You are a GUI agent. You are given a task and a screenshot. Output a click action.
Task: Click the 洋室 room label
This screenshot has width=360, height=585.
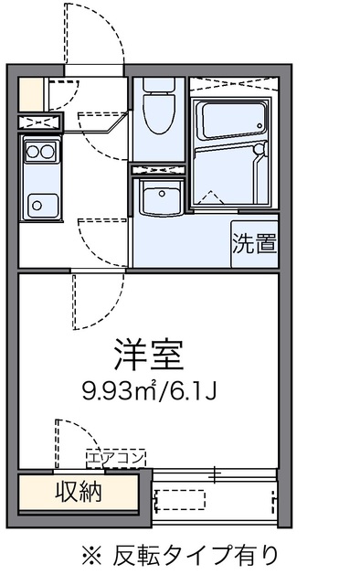[x=148, y=352]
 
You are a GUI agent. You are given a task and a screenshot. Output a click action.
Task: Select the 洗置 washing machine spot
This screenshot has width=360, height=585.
[x=253, y=244]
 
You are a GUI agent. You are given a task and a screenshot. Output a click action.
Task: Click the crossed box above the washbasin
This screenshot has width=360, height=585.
[x=159, y=169]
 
